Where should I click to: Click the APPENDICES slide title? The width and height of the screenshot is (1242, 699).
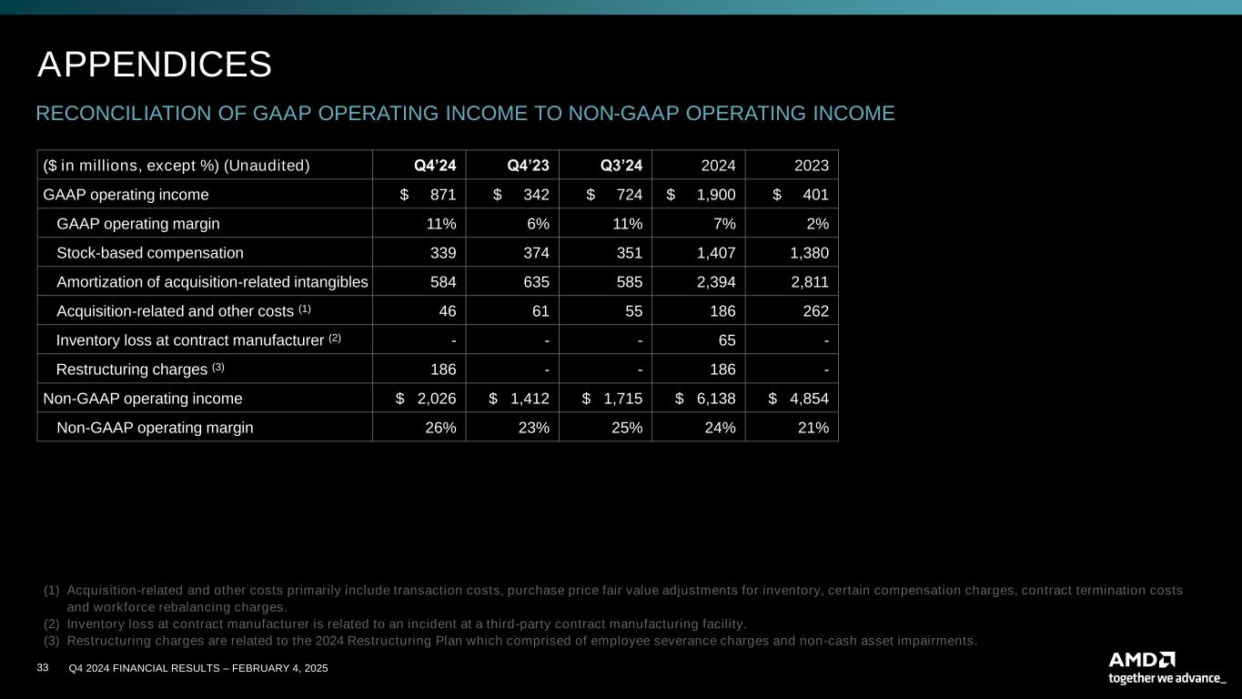[155, 65]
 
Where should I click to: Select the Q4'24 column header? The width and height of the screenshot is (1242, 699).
[435, 165]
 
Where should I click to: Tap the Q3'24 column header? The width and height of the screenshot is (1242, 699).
[621, 165]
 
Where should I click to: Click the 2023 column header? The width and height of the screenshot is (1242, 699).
[811, 165]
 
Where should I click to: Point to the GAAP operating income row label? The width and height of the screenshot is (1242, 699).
[126, 194]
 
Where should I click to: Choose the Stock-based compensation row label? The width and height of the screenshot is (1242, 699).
[150, 252]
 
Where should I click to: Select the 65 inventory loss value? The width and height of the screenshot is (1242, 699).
[726, 339]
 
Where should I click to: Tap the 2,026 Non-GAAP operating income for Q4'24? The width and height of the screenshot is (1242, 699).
[435, 398]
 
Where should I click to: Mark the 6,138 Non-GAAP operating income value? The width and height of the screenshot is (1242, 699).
[714, 398]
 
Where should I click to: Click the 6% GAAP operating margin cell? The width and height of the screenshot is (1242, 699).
[538, 223]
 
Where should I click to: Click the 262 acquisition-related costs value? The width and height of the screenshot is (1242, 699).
[815, 310]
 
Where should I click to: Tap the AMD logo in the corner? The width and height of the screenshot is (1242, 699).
[1142, 659]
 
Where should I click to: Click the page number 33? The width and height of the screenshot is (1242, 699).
[42, 669]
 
